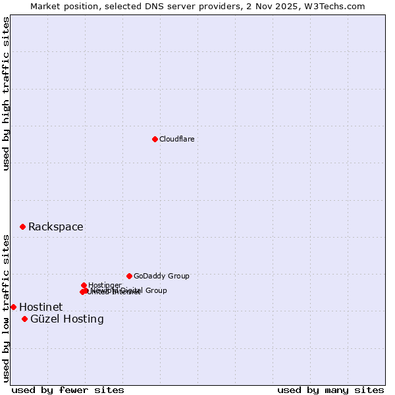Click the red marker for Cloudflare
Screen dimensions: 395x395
pyautogui.click(x=155, y=139)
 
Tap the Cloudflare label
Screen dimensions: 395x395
pyautogui.click(x=177, y=139)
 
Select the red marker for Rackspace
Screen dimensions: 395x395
pyautogui.click(x=22, y=226)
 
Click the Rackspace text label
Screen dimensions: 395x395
pyautogui.click(x=56, y=227)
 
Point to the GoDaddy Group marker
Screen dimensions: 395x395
pyautogui.click(x=129, y=276)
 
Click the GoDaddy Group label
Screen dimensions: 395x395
pyautogui.click(x=161, y=276)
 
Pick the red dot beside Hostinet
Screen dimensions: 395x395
pyautogui.click(x=13, y=307)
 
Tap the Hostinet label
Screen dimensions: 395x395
pyautogui.click(x=41, y=307)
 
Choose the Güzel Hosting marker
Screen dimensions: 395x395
pyautogui.click(x=24, y=319)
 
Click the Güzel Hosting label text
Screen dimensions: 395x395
pyautogui.click(x=67, y=319)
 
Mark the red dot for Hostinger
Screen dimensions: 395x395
pyautogui.click(x=84, y=285)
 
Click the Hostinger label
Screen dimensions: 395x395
pyautogui.click(x=105, y=285)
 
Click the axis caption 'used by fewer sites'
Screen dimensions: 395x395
pyautogui.click(x=68, y=390)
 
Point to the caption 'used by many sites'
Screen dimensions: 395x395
pyautogui.click(x=330, y=390)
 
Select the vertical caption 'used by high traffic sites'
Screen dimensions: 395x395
pyautogui.click(x=6, y=93)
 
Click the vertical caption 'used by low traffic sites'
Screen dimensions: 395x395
pyautogui.click(x=6, y=308)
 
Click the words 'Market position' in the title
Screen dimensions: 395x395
pyautogui.click(x=61, y=6)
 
